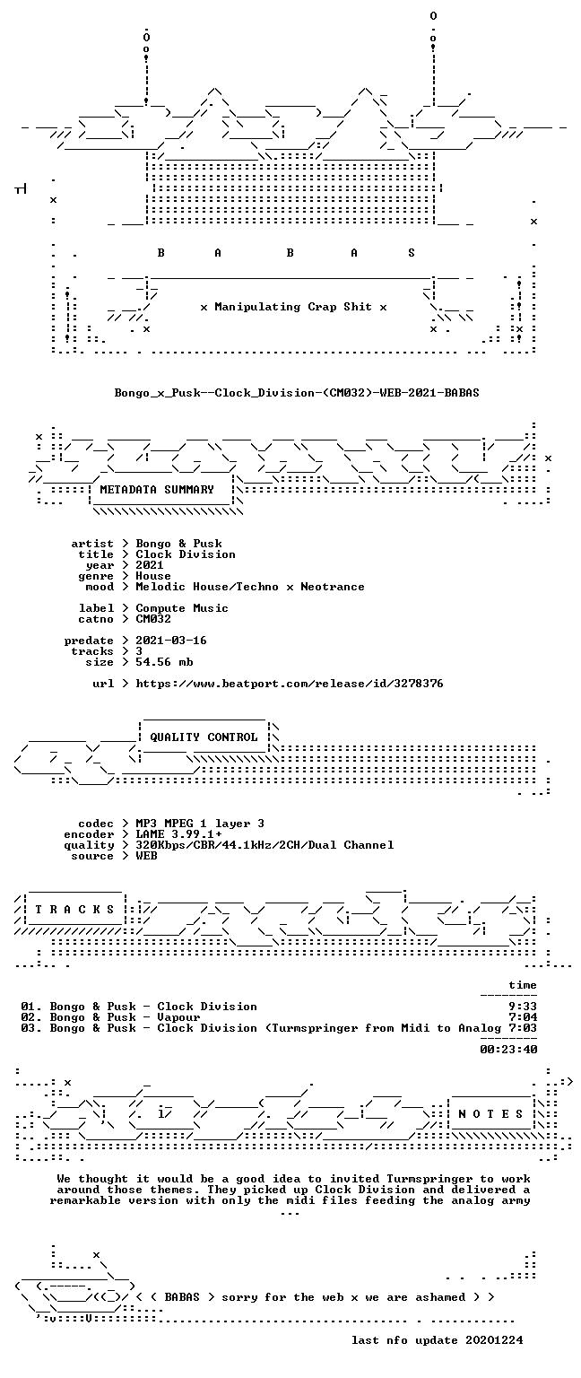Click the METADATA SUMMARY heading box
point(161,491)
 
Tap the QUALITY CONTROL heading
point(204,737)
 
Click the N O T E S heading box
point(491,1114)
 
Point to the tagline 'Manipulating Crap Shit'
point(292,307)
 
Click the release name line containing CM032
point(297,392)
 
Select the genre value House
point(153,576)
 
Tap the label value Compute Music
point(182,608)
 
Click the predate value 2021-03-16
point(171,641)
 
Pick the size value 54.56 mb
point(164,662)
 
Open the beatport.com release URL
point(289,684)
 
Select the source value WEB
point(146,856)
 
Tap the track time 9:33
point(523,1007)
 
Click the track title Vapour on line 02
point(178,1017)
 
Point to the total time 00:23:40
point(508,1050)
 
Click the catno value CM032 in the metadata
point(153,619)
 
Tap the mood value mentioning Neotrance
point(250,587)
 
